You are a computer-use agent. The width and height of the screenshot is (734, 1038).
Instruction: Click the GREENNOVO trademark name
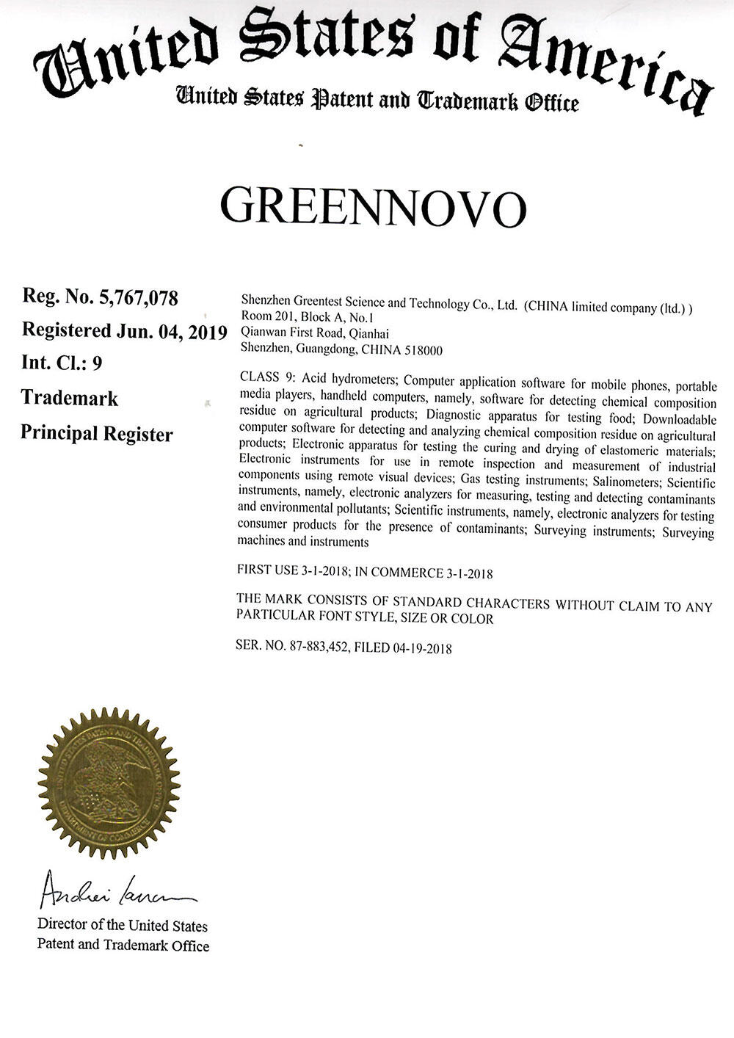[374, 207]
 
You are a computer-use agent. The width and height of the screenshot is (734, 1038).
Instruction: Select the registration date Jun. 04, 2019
[170, 331]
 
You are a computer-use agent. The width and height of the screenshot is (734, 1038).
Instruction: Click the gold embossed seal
[109, 780]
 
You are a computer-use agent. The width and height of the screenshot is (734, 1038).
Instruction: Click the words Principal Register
[96, 433]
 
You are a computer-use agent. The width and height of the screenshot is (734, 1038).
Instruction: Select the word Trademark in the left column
[69, 398]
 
